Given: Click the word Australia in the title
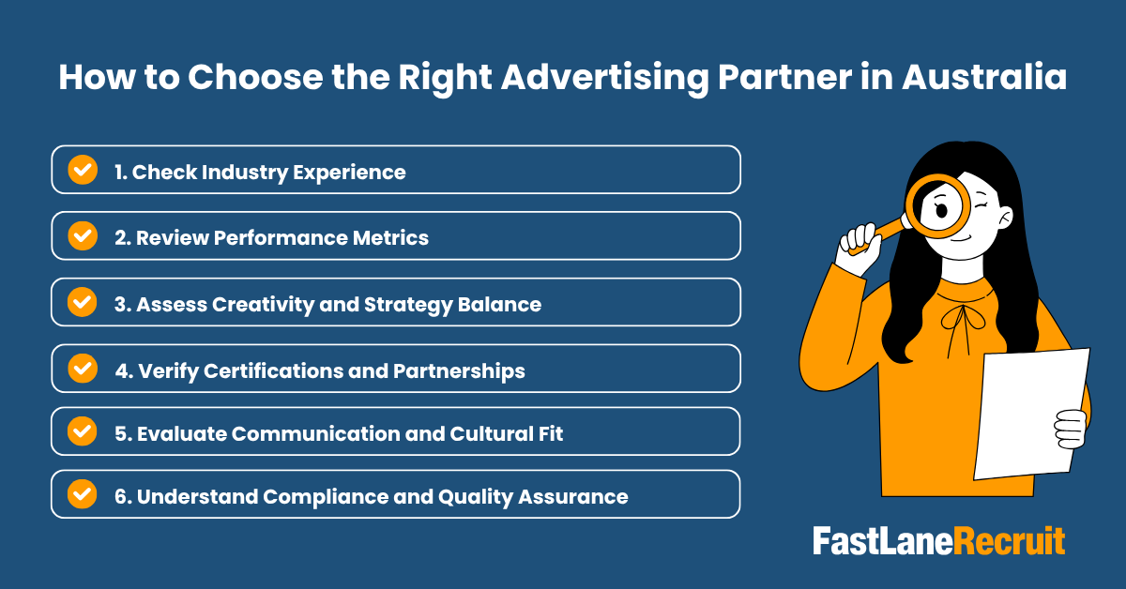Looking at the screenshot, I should click(983, 77).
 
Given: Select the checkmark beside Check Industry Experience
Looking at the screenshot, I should click(83, 170).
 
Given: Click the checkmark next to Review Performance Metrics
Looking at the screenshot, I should click(83, 235).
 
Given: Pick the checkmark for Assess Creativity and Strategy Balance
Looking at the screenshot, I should click(83, 302).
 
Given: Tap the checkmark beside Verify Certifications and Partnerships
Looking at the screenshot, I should click(83, 369).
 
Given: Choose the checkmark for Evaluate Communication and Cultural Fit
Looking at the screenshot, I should click(83, 431).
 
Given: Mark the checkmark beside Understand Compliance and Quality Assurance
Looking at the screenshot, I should click(83, 494).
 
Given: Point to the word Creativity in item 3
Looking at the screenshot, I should click(253, 304).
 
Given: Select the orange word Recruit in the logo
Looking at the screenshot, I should click(1011, 542).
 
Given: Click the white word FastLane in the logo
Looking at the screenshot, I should click(883, 542).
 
